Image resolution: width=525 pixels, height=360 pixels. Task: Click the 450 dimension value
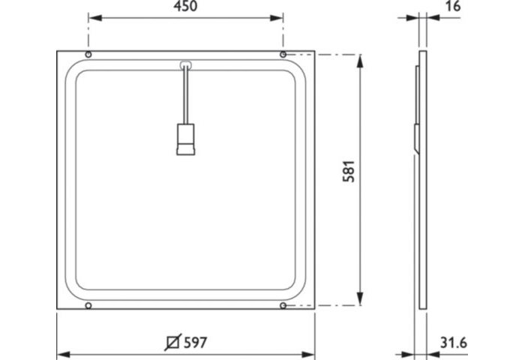185,7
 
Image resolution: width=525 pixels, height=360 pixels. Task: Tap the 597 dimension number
194,343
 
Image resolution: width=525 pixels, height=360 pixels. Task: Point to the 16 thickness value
452,6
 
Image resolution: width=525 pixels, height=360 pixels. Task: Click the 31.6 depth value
453,343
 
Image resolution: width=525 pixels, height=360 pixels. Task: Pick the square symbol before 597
171,343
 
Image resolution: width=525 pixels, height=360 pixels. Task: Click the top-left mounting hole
88,55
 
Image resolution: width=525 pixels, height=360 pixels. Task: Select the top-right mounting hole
283,55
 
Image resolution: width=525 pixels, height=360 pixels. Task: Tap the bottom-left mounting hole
88,305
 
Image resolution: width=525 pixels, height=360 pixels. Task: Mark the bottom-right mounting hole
283,305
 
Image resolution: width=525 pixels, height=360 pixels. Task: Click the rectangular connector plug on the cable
185,139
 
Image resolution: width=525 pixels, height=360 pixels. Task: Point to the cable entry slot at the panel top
185,65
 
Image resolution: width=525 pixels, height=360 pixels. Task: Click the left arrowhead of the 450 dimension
94,17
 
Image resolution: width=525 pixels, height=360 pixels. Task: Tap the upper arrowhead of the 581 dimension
361,60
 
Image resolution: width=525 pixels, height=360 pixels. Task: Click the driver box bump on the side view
416,139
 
